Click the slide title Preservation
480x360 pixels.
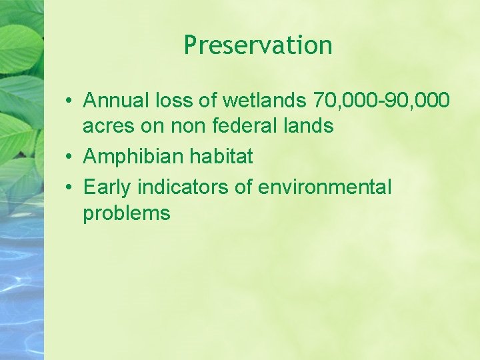tap(258, 45)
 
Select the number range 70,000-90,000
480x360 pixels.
tap(381, 101)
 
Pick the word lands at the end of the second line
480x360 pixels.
tap(309, 125)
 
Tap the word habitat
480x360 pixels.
tap(219, 157)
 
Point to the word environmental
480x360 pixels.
tap(325, 188)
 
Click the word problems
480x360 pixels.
tap(127, 213)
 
